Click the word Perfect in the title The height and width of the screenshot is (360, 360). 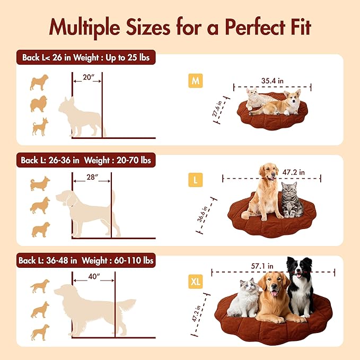click(x=255, y=27)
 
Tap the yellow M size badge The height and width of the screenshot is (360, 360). click(x=196, y=81)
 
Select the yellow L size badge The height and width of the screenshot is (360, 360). click(x=196, y=180)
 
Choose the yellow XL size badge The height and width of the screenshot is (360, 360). click(x=196, y=282)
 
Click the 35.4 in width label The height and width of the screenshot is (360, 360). click(x=273, y=81)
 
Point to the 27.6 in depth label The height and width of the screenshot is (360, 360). click(x=216, y=109)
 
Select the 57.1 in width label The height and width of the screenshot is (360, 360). click(x=262, y=266)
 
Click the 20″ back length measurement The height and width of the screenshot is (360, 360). click(x=87, y=77)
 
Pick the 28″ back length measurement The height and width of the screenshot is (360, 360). click(x=92, y=177)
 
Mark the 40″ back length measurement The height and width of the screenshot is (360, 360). click(x=94, y=276)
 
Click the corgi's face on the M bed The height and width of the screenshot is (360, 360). click(x=292, y=98)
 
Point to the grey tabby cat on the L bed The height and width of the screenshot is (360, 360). click(x=291, y=200)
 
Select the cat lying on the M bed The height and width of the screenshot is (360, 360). click(x=258, y=99)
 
